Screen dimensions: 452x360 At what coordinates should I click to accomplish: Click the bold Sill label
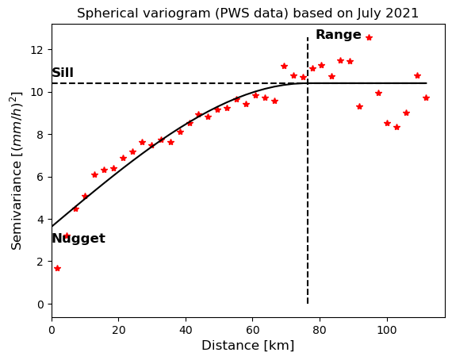click(x=63, y=72)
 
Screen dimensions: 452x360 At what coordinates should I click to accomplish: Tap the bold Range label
click(x=339, y=35)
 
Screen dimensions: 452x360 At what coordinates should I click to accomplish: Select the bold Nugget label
click(x=79, y=239)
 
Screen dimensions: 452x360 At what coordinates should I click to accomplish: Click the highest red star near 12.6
click(x=369, y=37)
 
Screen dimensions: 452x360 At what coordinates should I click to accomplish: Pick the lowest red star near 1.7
click(x=57, y=268)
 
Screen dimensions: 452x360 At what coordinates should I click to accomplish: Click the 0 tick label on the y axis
click(x=40, y=304)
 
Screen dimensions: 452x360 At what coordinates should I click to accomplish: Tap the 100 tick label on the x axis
click(x=387, y=330)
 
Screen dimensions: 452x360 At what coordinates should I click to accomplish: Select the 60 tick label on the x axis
click(x=253, y=330)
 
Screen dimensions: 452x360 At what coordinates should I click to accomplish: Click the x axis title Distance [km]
click(x=248, y=345)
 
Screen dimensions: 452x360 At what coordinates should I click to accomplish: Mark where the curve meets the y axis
click(x=52, y=226)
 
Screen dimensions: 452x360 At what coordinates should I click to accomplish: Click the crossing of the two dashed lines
click(x=308, y=83)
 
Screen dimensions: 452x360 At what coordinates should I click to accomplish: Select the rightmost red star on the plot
click(x=427, y=98)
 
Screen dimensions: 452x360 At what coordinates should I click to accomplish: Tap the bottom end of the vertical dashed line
click(x=308, y=304)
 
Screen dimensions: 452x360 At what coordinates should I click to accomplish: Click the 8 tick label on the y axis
click(x=40, y=135)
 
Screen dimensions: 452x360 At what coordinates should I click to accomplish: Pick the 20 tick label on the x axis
click(x=119, y=330)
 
